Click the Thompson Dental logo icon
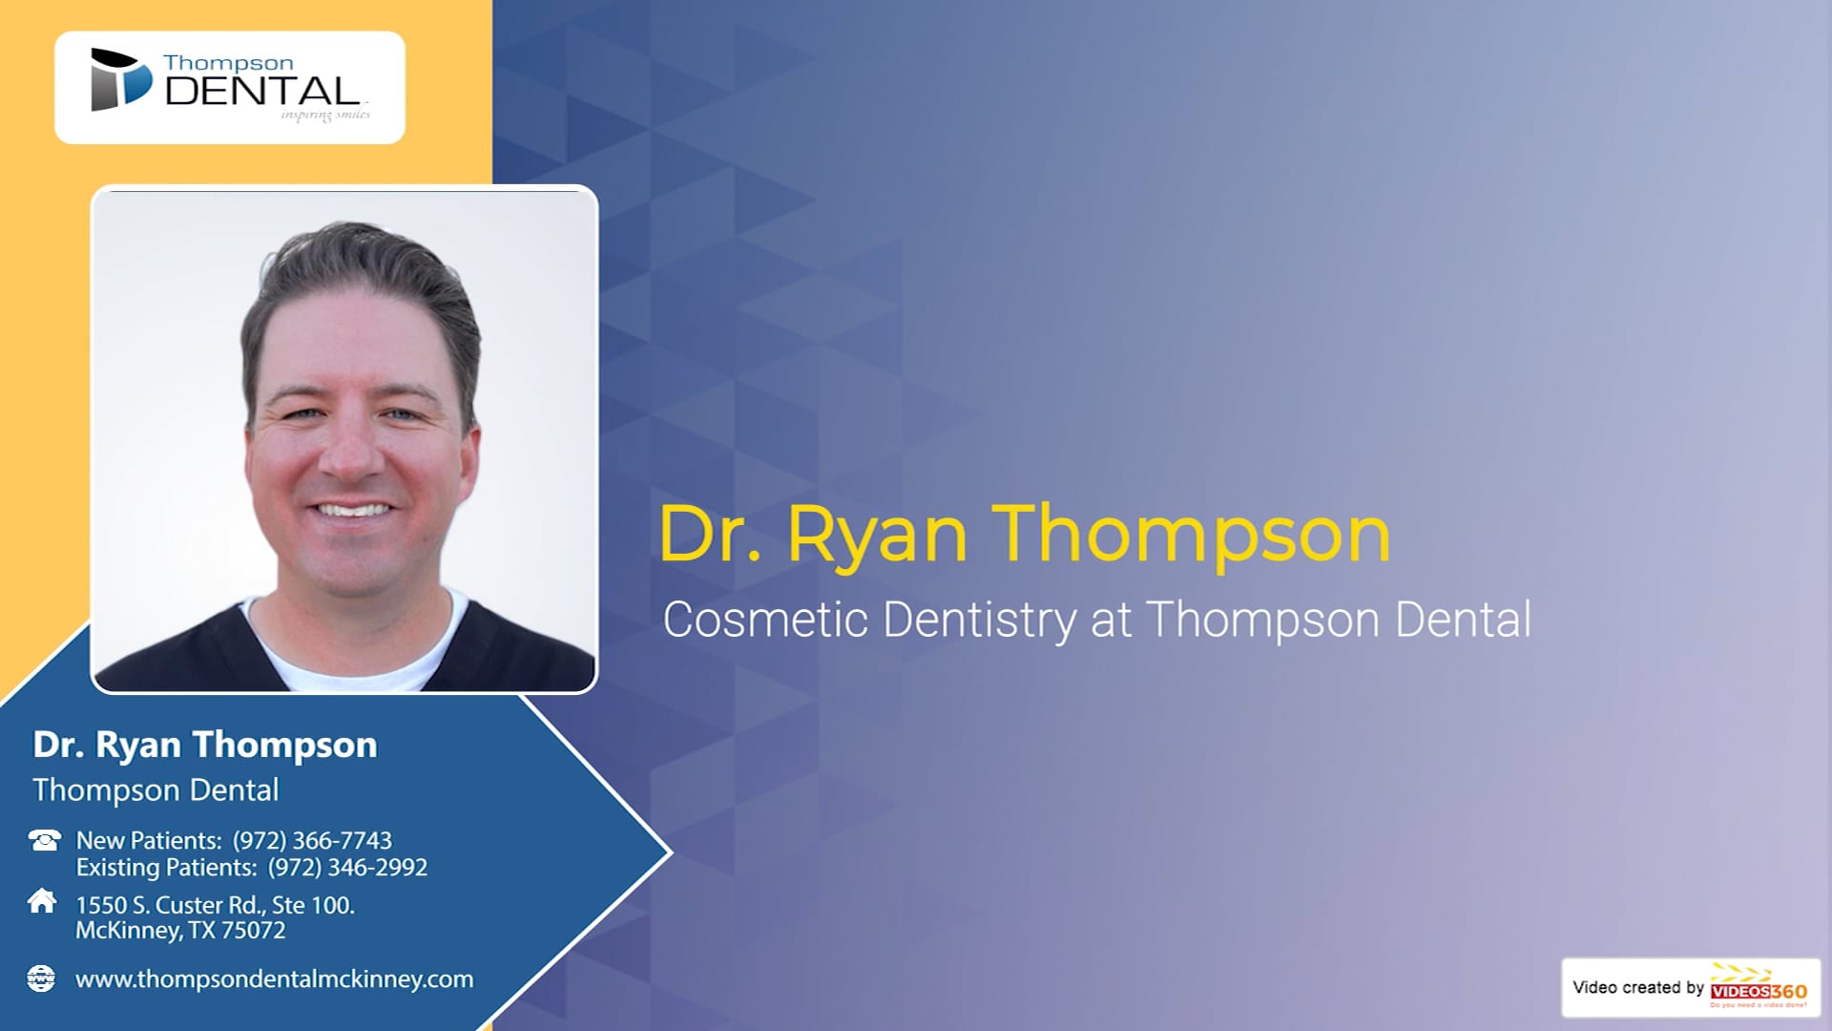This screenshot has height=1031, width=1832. tap(120, 79)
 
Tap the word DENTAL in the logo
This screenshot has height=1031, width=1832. tap(262, 92)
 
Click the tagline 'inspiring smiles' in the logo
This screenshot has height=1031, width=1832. tap(325, 116)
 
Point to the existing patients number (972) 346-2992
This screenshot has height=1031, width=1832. tap(347, 868)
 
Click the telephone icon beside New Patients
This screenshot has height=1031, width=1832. tap(44, 840)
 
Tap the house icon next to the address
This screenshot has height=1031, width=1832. tap(42, 901)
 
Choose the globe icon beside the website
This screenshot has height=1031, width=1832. tap(41, 978)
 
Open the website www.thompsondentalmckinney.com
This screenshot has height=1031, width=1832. tap(274, 979)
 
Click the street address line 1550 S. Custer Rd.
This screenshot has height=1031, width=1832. tap(215, 905)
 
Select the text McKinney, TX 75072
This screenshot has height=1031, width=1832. tap(180, 931)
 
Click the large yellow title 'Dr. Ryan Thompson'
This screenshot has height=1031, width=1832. tap(1024, 535)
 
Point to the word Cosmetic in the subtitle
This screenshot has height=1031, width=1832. tap(766, 620)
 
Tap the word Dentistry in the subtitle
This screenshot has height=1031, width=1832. tap(980, 621)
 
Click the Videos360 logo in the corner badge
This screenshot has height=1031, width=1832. tap(1759, 989)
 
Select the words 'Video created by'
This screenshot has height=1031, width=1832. tap(1637, 988)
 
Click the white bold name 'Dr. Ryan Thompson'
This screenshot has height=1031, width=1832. tap(205, 746)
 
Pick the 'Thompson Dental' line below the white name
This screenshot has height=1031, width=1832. tap(156, 790)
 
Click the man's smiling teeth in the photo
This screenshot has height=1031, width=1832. tap(354, 511)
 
